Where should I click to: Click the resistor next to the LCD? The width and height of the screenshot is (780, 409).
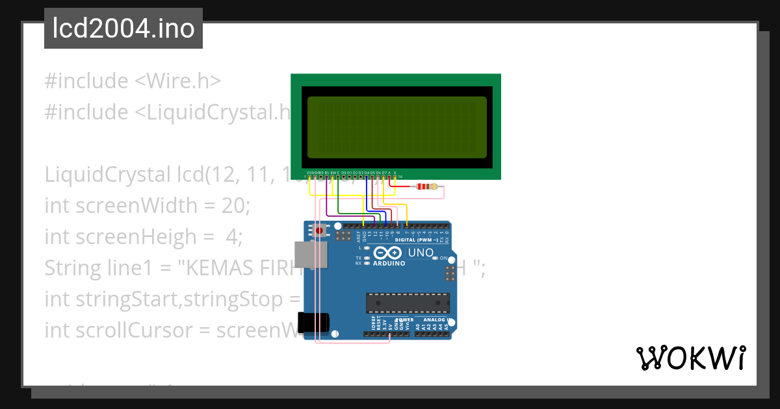[426, 187]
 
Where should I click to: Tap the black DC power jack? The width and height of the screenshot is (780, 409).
[313, 323]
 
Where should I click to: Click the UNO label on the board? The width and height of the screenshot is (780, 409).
[420, 253]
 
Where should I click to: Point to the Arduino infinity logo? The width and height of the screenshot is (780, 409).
[388, 253]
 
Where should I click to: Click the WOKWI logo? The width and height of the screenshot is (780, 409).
[691, 358]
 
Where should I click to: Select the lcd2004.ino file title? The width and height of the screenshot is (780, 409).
[123, 29]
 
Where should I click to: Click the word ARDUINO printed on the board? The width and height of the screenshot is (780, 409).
[389, 264]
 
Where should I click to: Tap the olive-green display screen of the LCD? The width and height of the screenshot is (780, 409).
[396, 127]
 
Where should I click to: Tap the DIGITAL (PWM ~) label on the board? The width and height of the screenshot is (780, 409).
[414, 240]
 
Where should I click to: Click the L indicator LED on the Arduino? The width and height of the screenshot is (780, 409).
[367, 248]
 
